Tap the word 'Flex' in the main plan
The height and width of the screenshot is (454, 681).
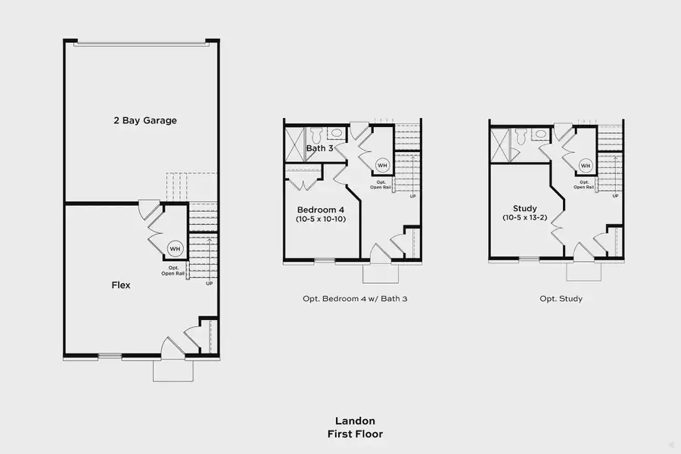pyautogui.click(x=121, y=285)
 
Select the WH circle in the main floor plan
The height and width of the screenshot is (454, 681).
pyautogui.click(x=175, y=249)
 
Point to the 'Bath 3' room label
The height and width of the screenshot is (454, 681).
pyautogui.click(x=319, y=148)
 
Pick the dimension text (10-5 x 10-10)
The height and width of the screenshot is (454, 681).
pyautogui.click(x=321, y=219)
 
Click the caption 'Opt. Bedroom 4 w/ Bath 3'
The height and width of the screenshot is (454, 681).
pyautogui.click(x=355, y=299)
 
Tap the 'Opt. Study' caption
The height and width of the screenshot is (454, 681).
pyautogui.click(x=561, y=299)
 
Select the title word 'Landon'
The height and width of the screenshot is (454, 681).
pyautogui.click(x=355, y=421)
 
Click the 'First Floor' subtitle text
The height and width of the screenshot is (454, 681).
pyautogui.click(x=355, y=434)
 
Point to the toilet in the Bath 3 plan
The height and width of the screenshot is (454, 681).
pyautogui.click(x=316, y=134)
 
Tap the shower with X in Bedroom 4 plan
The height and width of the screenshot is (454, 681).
pyautogui.click(x=293, y=142)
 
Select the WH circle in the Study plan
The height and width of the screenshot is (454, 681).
pyautogui.click(x=585, y=166)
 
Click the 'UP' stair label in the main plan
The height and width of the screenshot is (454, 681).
pyautogui.click(x=209, y=284)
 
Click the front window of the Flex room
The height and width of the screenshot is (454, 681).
pyautogui.click(x=110, y=356)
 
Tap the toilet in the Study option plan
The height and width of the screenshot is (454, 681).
pyautogui.click(x=521, y=135)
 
